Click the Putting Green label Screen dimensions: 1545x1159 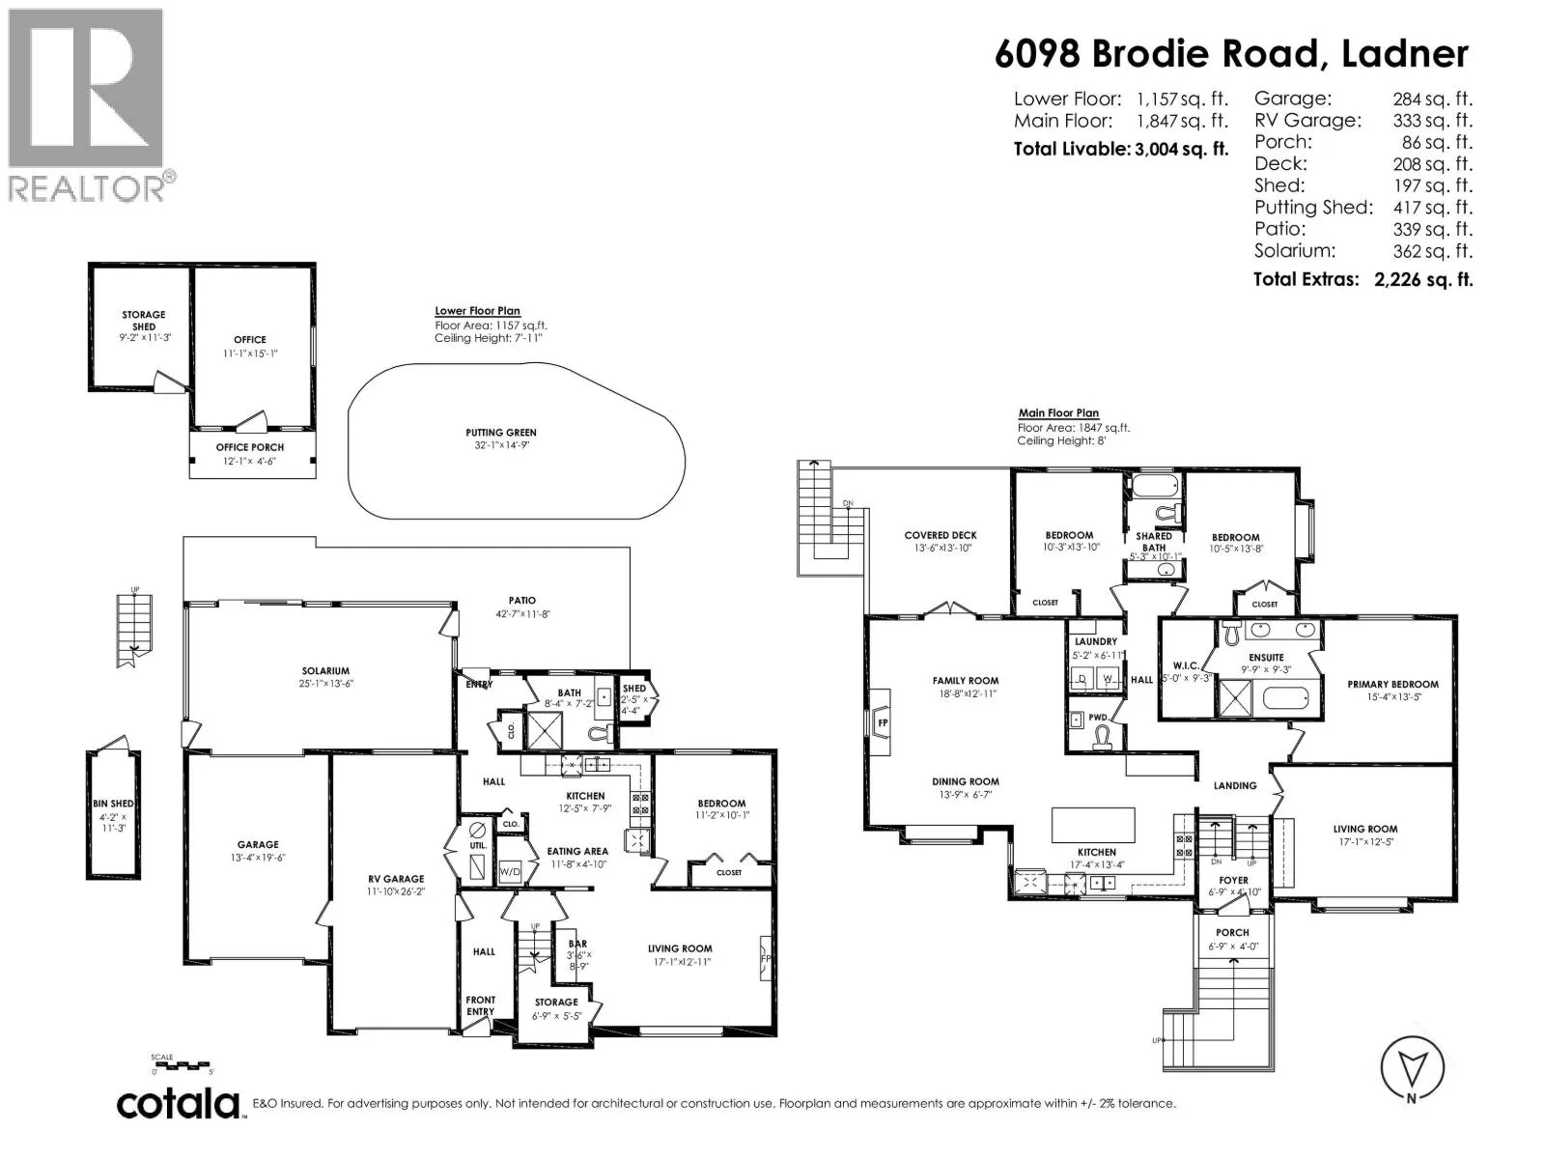[500, 433]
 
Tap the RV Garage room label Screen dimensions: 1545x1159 [396, 879]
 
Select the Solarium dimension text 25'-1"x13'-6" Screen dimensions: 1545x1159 [325, 683]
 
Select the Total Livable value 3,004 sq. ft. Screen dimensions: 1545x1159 [1181, 149]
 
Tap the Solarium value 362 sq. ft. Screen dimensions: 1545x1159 [1432, 251]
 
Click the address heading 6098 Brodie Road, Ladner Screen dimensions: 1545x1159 [1232, 54]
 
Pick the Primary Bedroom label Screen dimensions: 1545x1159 [1392, 684]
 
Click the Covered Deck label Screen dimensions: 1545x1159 [941, 535]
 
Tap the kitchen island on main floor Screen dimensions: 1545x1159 [1093, 825]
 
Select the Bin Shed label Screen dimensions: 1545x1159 [113, 804]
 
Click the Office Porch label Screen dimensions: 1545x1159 [250, 447]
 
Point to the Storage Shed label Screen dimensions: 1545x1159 [144, 321]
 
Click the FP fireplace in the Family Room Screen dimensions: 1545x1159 [881, 722]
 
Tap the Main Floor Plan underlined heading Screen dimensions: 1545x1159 [1058, 413]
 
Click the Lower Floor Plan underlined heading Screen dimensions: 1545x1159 [477, 311]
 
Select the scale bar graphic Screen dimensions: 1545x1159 [183, 1064]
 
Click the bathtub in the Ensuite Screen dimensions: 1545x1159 [1285, 698]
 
